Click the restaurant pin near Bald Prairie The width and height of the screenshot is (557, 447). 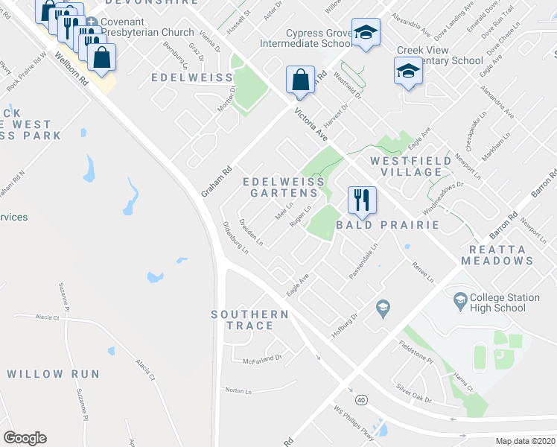pos(361,200)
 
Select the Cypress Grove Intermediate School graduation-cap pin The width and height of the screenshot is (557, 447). pos(364,33)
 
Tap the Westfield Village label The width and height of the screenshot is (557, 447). pos(411,166)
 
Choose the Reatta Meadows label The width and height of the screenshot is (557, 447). pos(497,255)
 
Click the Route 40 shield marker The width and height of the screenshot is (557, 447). pos(361,400)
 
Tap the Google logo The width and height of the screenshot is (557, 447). pos(25,438)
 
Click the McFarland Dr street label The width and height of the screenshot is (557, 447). pos(263,359)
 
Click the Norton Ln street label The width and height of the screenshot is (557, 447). pos(239,390)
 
